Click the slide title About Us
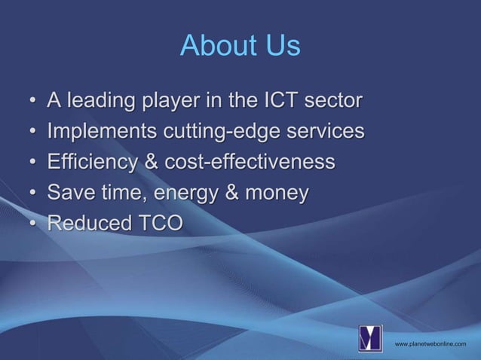coord(240,47)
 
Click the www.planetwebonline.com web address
coord(430,344)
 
